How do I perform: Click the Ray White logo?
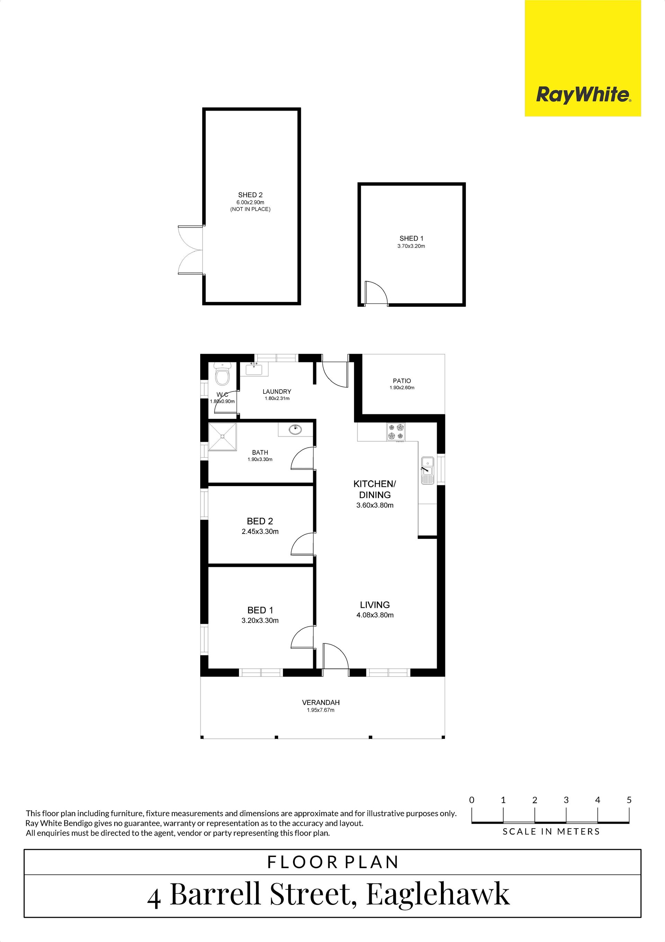click(583, 58)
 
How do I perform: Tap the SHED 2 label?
click(250, 195)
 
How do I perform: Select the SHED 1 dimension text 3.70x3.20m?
click(411, 246)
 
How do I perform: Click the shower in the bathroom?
click(223, 437)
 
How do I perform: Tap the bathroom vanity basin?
click(295, 430)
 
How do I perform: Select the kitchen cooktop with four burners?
click(396, 432)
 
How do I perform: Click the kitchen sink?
click(427, 470)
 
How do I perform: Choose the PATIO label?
click(402, 381)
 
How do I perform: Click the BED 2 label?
click(260, 521)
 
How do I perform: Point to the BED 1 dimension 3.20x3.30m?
click(260, 620)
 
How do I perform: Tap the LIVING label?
click(375, 605)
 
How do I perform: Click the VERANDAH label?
click(321, 702)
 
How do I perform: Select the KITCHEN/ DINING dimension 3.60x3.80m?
click(375, 505)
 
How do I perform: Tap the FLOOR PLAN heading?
click(332, 862)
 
